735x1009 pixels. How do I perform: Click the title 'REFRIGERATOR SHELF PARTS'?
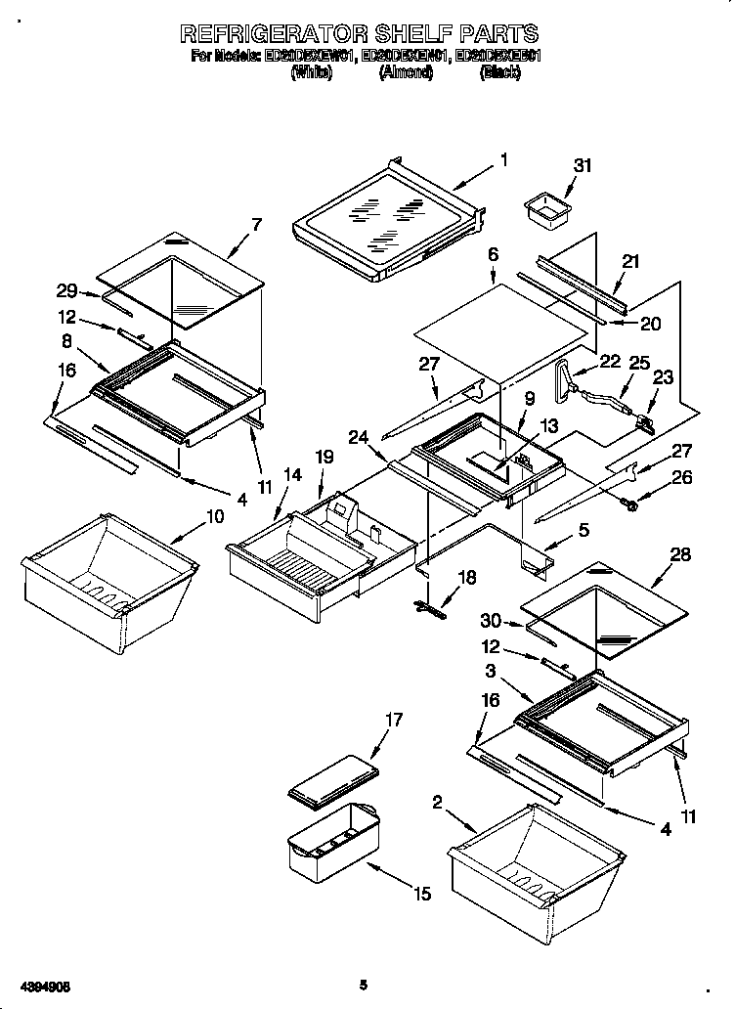tap(360, 34)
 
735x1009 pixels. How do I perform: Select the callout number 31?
tap(583, 166)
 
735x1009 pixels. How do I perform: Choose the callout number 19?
tap(324, 457)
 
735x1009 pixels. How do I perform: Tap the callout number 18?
tap(467, 578)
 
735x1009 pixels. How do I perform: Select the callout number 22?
tap(610, 361)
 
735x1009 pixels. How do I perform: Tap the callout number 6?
tap(494, 254)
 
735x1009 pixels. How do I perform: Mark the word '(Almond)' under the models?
tap(406, 73)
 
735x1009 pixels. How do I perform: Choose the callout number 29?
tap(66, 290)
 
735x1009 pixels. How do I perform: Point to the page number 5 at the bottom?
tap(363, 986)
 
